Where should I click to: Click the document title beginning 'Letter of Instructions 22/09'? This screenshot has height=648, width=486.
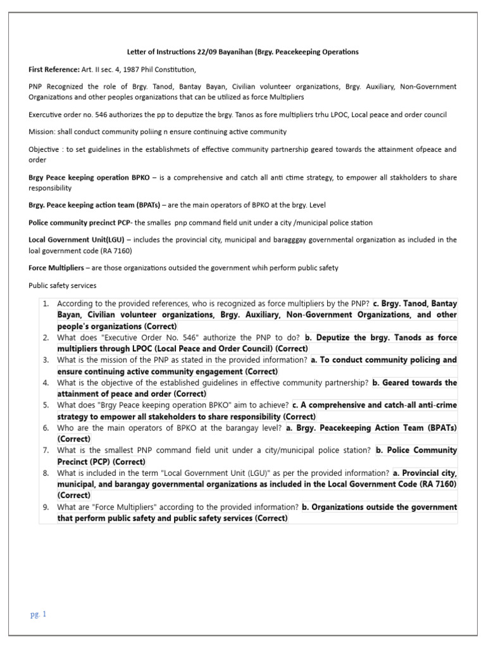point(242,51)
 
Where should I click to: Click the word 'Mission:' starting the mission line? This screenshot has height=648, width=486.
point(42,132)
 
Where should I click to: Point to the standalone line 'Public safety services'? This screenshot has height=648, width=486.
point(63,285)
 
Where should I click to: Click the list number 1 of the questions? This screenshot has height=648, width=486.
point(46,304)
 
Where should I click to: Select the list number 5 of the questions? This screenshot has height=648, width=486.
point(46,405)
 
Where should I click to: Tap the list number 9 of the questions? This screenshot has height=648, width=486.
point(46,507)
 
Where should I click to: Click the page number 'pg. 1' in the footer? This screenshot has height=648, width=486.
point(38,614)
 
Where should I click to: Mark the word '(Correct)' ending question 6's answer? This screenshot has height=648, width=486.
point(74,439)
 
